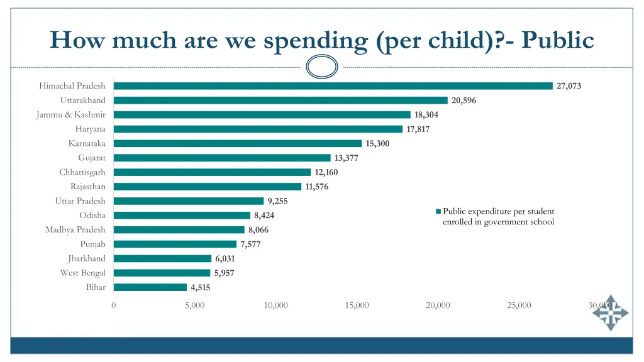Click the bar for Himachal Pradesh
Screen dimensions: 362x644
coord(333,86)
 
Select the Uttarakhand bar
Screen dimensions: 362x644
coord(280,101)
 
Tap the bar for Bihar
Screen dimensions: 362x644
coord(150,287)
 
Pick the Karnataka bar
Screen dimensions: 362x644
coord(238,143)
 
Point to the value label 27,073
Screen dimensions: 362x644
coord(569,86)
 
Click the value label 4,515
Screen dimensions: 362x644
coord(201,288)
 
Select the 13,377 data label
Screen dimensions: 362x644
coord(346,158)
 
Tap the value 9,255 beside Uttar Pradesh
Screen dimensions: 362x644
coord(277,201)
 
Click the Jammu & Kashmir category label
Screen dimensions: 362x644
coord(71,114)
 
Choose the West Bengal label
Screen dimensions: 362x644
coord(83,273)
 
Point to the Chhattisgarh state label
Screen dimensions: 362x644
coord(82,172)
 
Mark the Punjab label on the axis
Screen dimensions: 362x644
coord(92,244)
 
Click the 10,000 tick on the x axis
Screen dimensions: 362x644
coord(276,305)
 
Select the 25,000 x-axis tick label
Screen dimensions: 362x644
coord(519,305)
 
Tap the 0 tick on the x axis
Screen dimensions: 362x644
coord(113,305)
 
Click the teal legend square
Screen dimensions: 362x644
coord(438,211)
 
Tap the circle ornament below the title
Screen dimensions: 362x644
coord(322,66)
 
